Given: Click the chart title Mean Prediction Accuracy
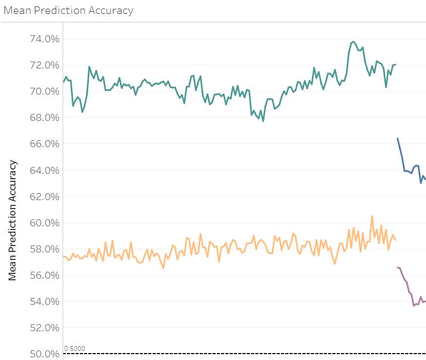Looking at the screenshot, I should coord(69,11).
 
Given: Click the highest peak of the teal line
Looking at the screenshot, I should coord(353,41).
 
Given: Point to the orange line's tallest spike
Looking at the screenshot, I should coord(371,216).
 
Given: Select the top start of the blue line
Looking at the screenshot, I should coord(397,139).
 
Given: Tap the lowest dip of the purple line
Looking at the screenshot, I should coord(414,305).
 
